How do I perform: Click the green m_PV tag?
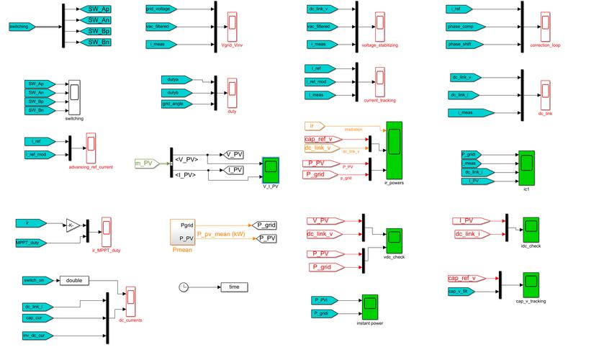[x=145, y=163]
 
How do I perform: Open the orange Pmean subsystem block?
[x=181, y=231]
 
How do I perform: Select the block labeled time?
[x=234, y=287]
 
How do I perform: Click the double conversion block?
[x=75, y=280]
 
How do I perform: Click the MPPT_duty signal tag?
[x=32, y=243]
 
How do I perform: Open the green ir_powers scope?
[x=394, y=150]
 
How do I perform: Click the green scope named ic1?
[x=526, y=167]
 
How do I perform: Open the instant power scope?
[x=369, y=307]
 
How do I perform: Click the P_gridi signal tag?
[x=324, y=314]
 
